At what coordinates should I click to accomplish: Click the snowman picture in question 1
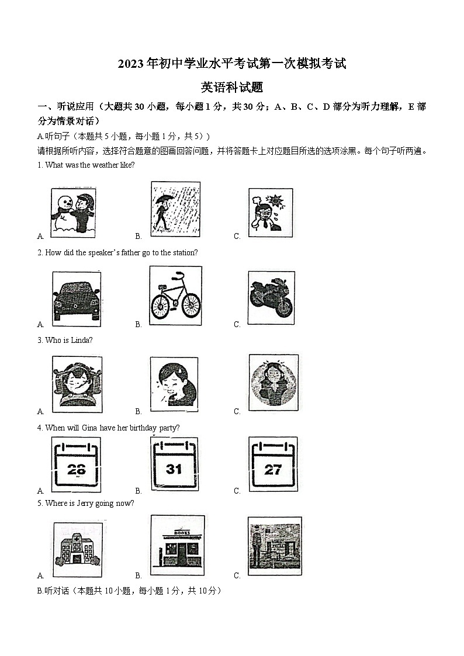[74, 211]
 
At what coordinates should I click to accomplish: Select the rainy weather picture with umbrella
[175, 209]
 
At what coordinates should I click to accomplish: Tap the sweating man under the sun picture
[271, 213]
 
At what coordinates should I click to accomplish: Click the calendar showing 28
[76, 464]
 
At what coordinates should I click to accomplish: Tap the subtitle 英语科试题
[231, 88]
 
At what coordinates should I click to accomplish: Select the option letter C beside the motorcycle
[237, 324]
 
